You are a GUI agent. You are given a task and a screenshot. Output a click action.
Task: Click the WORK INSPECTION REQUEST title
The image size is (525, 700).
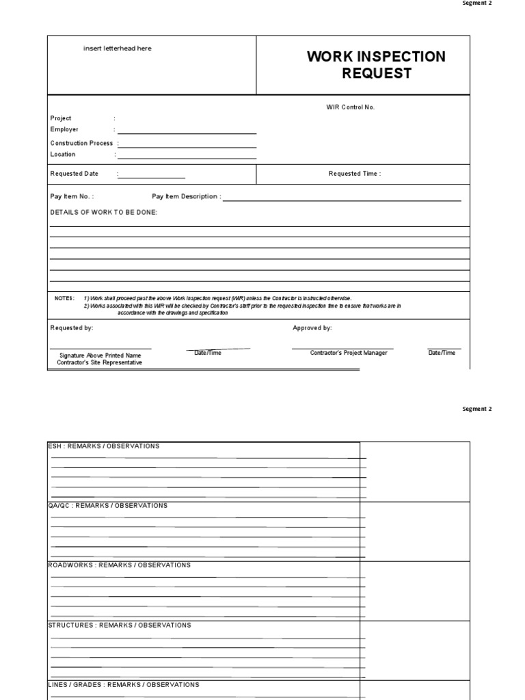coord(376,65)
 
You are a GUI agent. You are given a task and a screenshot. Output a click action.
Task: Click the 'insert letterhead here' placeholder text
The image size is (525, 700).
coord(118,49)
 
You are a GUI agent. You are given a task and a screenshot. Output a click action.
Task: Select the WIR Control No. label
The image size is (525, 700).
coord(350,107)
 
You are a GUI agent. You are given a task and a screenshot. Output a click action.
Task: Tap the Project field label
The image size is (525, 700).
coord(61,118)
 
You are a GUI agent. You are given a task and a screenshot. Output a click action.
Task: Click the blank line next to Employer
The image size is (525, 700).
coord(187,133)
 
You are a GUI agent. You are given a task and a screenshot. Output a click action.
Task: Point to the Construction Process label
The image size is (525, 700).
coord(81,144)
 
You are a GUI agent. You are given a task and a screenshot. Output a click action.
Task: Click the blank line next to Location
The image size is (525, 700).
coord(187,158)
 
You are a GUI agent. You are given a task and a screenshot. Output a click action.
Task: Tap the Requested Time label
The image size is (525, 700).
coord(355,174)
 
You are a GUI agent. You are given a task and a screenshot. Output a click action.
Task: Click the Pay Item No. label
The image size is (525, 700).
coord(72,197)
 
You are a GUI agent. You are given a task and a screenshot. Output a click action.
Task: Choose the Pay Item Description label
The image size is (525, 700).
coord(186,197)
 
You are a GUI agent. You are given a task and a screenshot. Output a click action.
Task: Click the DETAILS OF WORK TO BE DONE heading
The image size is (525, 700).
coord(104,213)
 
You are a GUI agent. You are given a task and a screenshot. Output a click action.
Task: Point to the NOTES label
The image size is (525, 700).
coord(65,299)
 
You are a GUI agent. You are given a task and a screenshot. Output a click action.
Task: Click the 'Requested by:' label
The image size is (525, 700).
coord(72,328)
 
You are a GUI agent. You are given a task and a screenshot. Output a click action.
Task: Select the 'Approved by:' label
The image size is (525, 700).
coord(312,328)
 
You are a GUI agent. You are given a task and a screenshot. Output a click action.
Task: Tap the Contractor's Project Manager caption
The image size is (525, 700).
coord(349,353)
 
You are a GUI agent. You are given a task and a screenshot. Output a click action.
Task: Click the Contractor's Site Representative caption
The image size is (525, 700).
coord(100,363)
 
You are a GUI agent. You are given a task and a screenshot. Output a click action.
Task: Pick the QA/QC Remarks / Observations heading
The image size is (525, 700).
coord(107,506)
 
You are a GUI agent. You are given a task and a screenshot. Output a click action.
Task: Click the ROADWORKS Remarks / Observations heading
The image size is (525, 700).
coord(119,565)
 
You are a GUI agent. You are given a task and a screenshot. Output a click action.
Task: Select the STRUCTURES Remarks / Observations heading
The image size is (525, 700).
coord(119,625)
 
